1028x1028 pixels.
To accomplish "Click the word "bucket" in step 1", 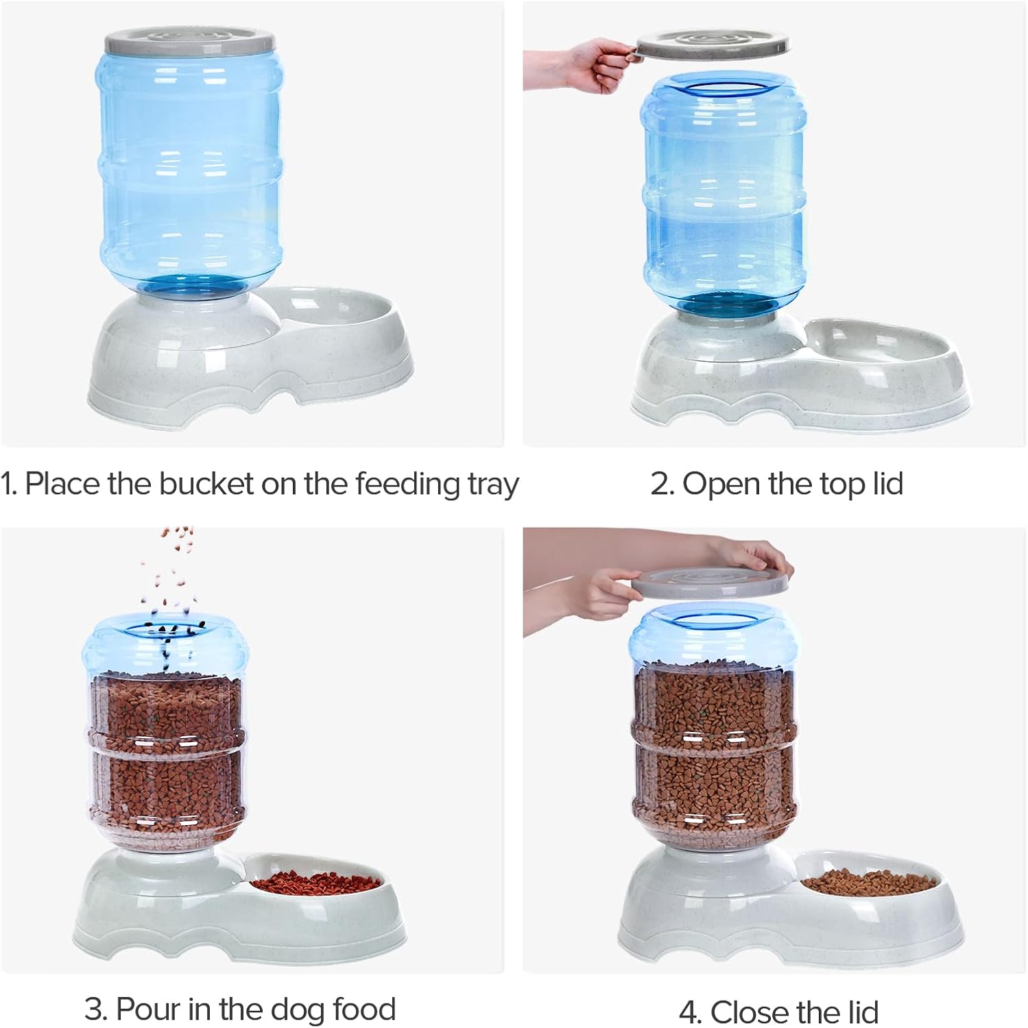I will coord(206,484).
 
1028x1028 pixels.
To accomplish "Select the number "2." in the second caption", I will coord(662,484).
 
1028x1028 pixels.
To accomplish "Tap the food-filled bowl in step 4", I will coord(868,882).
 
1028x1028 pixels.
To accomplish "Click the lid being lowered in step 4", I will coord(706,581).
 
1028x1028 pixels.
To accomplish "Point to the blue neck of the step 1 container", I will coord(190,287).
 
